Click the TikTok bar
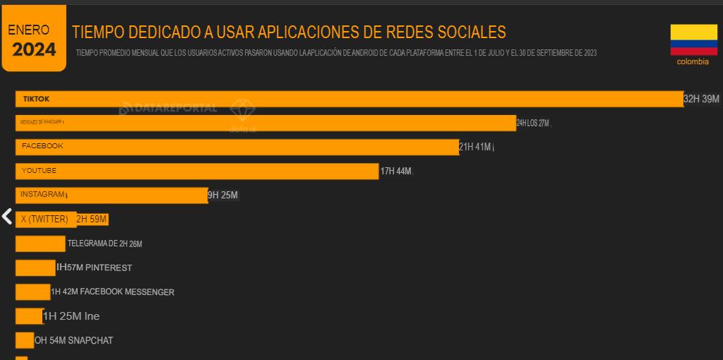tap(349, 100)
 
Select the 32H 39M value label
tap(701, 99)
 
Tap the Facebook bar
tap(237, 147)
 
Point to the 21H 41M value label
tap(475, 147)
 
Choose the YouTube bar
tap(197, 172)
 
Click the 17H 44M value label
tap(395, 171)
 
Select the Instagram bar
tap(112, 196)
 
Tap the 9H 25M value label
tap(222, 195)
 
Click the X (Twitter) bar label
tap(44, 220)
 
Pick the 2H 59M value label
tap(92, 220)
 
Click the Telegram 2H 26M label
tap(104, 244)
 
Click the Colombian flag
tap(693, 40)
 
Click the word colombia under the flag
tap(693, 61)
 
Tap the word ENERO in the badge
tap(29, 30)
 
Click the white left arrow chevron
tap(7, 217)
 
